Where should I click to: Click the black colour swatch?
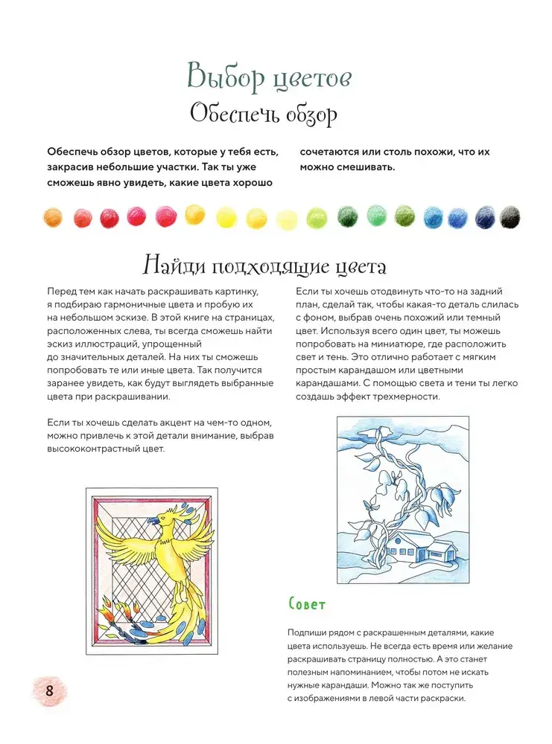(510, 217)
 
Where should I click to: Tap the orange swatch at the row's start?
(53, 217)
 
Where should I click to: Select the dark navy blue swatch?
(486, 217)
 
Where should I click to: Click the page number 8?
(50, 690)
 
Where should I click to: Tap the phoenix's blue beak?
(152, 522)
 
